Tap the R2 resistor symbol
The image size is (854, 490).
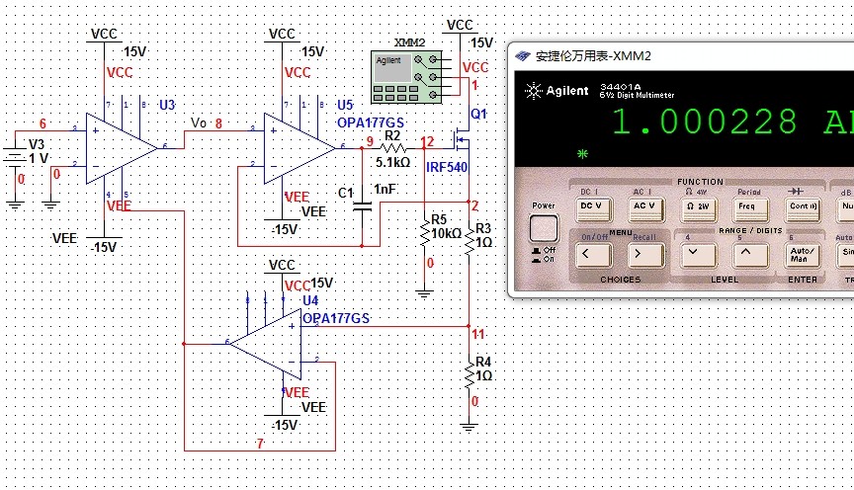(393, 147)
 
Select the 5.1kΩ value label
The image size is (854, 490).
(392, 162)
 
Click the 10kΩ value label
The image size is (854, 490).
(446, 233)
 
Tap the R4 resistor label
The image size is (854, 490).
(483, 362)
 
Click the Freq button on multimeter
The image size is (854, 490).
(747, 206)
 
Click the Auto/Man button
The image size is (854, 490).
(799, 254)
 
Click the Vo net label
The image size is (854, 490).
(199, 122)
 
